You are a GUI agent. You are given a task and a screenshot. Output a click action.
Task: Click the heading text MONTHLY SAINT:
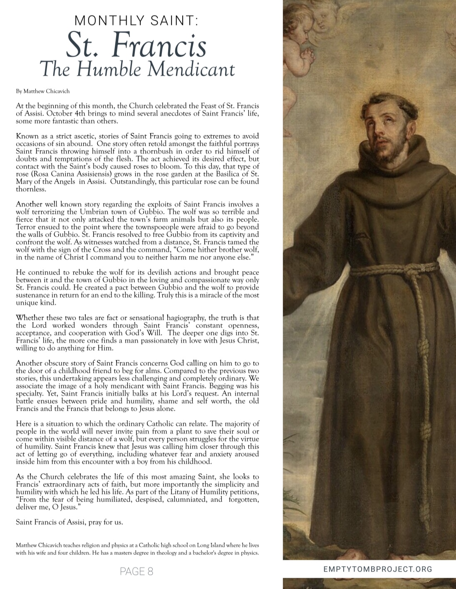pyautogui.click(x=136, y=20)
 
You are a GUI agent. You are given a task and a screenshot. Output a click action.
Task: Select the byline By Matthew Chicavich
pyautogui.click(x=38, y=91)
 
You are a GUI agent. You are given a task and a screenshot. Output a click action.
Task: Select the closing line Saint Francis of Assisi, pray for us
pyautogui.click(x=69, y=522)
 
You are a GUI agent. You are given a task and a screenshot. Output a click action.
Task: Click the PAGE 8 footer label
pyautogui.click(x=136, y=572)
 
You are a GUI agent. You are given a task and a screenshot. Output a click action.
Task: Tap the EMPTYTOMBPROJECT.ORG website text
pyautogui.click(x=377, y=569)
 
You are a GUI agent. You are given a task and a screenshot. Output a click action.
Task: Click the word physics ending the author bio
pyautogui.click(x=249, y=553)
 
